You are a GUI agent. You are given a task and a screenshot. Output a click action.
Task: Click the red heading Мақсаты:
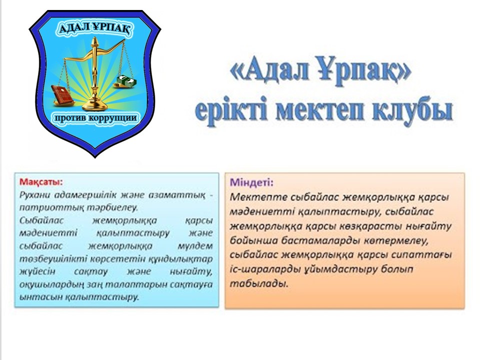pyautogui.click(x=40, y=182)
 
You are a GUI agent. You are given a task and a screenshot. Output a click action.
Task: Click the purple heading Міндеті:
pyautogui.click(x=251, y=182)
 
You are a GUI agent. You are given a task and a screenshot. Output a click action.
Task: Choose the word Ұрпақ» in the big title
pyautogui.click(x=363, y=70)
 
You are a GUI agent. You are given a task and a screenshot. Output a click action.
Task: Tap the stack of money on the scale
pyautogui.click(x=126, y=81)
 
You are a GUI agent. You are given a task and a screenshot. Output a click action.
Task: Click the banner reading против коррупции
pyautogui.click(x=95, y=118)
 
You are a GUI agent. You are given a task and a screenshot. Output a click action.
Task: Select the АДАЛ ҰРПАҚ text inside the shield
pyautogui.click(x=95, y=28)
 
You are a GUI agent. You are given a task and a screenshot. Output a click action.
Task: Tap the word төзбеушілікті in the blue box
pyautogui.click(x=53, y=259)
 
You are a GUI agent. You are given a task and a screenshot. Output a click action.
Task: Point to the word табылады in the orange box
pyautogui.click(x=259, y=284)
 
